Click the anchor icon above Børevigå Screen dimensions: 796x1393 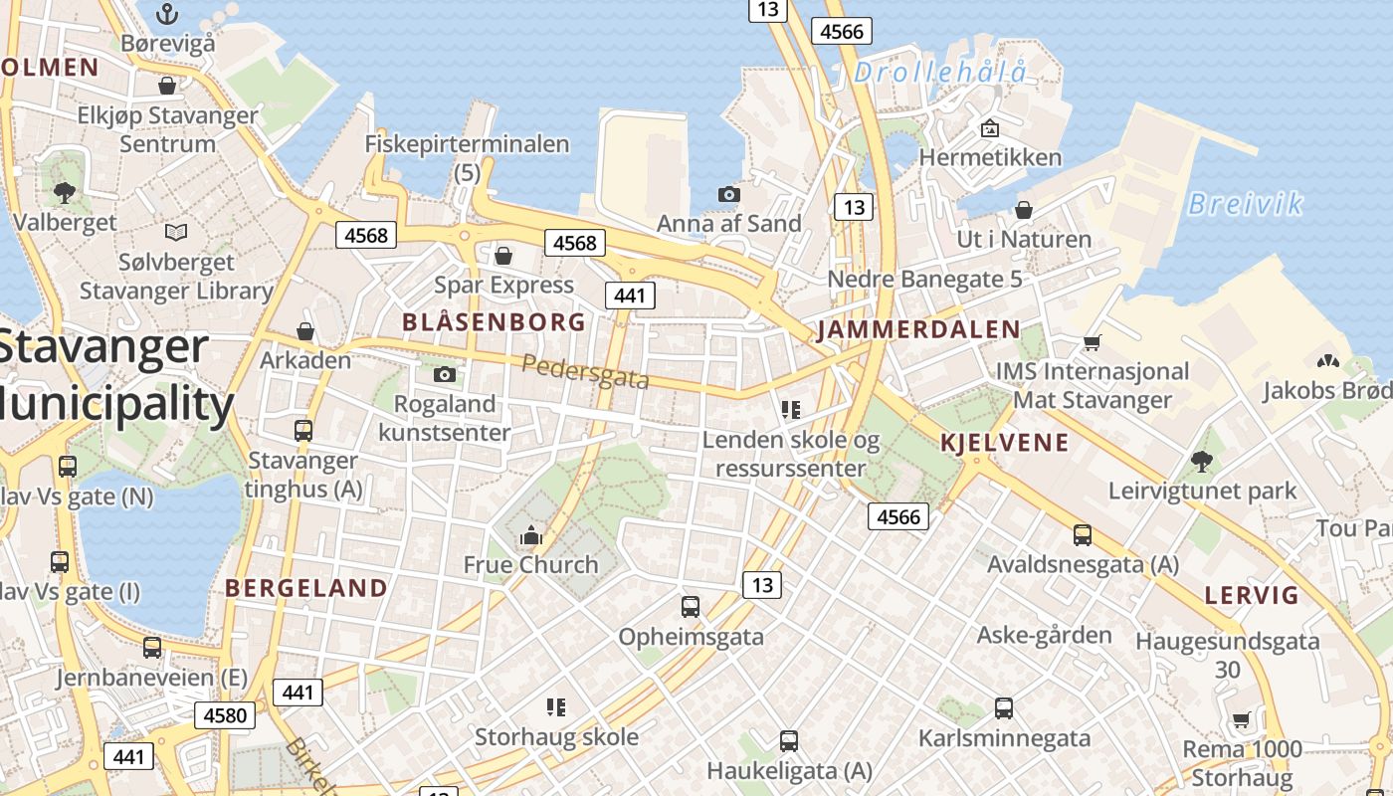167,14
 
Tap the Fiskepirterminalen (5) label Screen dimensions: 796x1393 467,157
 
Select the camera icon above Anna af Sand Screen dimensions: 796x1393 729,194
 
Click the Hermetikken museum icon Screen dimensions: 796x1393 989,128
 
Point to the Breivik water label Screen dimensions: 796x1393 1245,204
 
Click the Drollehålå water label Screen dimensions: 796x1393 939,72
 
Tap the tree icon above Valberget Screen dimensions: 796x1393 65,192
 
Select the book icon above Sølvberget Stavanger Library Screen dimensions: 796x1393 176,233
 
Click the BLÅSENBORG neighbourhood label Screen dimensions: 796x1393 494,322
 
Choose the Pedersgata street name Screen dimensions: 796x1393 585,371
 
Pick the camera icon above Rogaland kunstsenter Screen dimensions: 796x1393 445,375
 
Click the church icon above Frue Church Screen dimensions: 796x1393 530,536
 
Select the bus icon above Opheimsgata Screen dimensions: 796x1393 691,606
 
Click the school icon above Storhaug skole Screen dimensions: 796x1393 556,707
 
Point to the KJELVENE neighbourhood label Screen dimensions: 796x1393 1004,443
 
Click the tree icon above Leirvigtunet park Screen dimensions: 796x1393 1202,461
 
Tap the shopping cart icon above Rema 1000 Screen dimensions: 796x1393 1241,719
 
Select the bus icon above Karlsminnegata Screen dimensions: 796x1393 1004,708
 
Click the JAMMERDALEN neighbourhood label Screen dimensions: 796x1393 918,330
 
